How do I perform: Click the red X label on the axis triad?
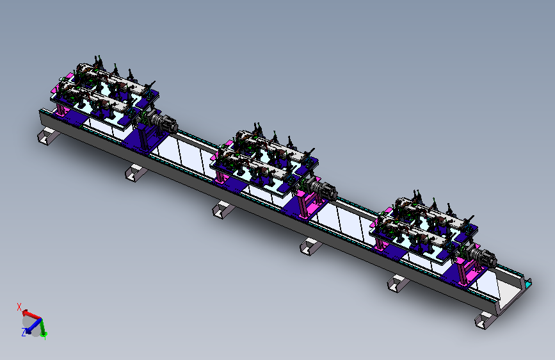19,307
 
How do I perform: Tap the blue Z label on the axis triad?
24,332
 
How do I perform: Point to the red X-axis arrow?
31,315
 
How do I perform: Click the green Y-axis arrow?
43,327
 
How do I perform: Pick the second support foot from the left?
136,173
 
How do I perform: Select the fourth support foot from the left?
310,246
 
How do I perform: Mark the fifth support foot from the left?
398,283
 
